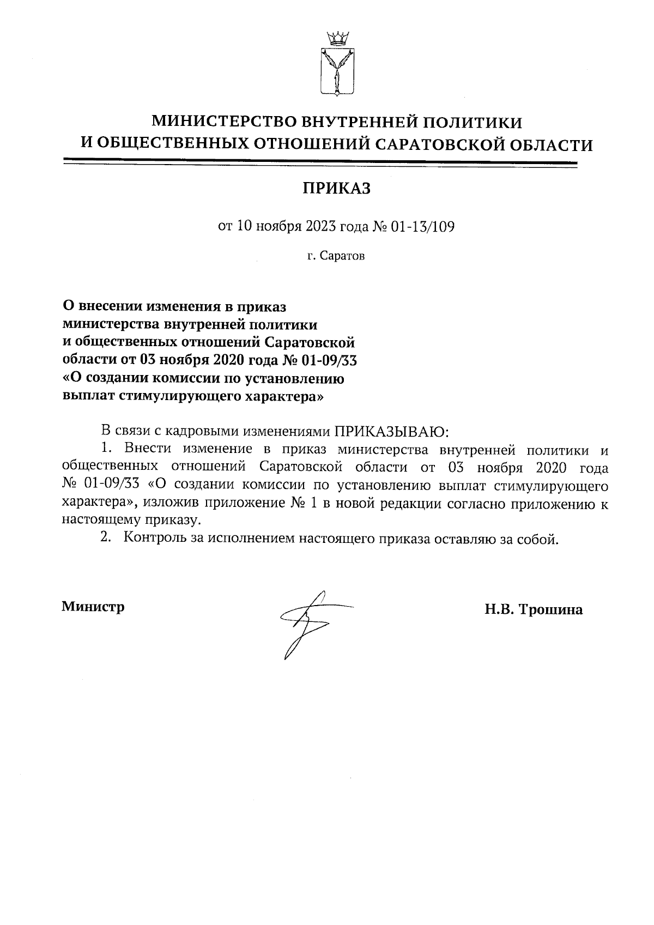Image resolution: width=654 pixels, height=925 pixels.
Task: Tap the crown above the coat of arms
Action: (336, 39)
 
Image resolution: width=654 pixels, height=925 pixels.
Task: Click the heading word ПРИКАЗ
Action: (336, 189)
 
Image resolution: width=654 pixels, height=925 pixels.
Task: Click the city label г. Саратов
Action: (336, 256)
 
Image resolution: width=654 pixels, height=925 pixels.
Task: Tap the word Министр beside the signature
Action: (93, 607)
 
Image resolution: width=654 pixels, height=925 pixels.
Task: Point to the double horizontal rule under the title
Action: (320, 162)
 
